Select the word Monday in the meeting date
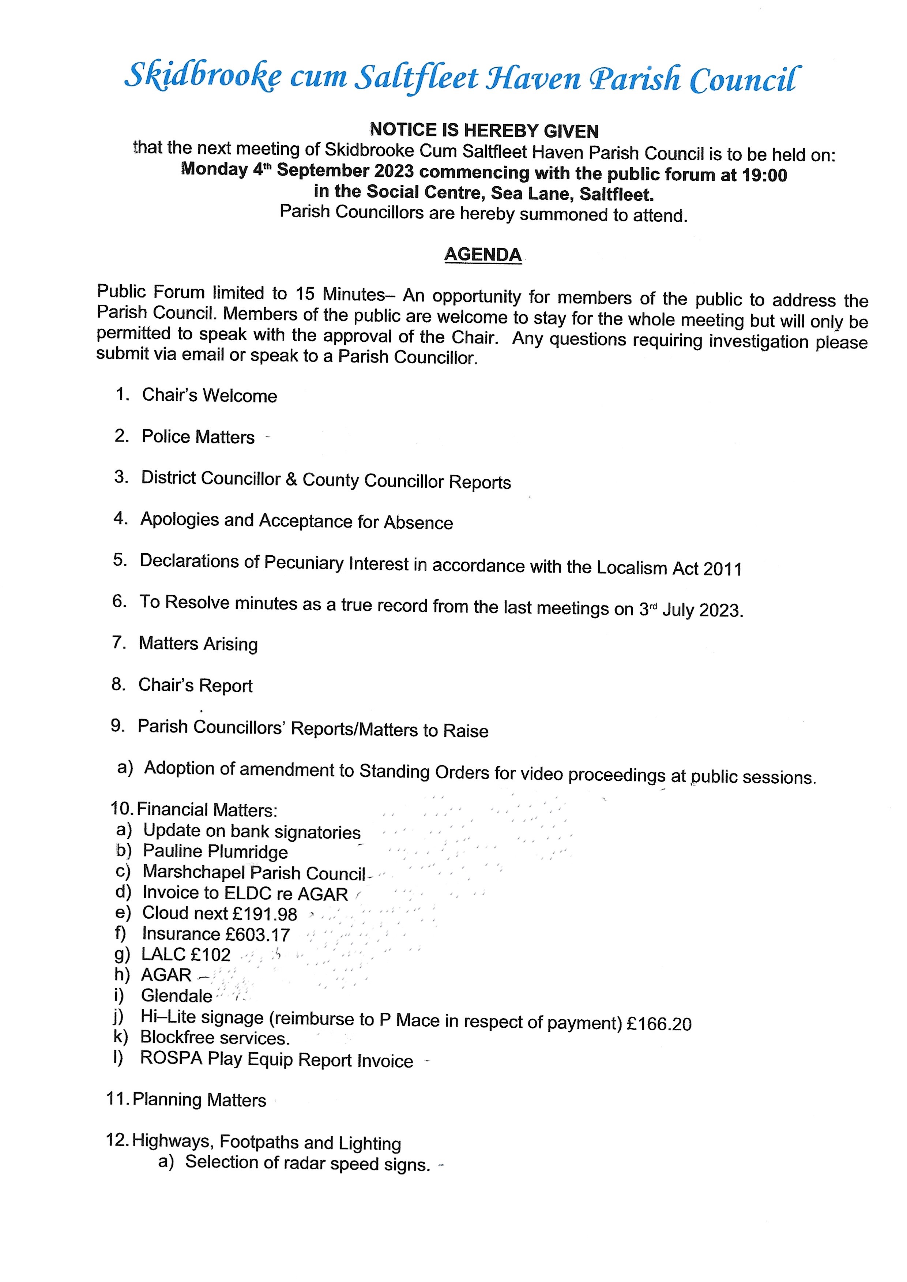point(214,169)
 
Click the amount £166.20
point(659,1024)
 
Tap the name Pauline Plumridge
point(215,851)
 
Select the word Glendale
point(177,996)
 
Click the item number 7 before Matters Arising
point(118,642)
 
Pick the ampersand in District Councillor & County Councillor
point(291,479)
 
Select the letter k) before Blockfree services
point(120,1037)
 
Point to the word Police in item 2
point(166,436)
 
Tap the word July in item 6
point(677,610)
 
